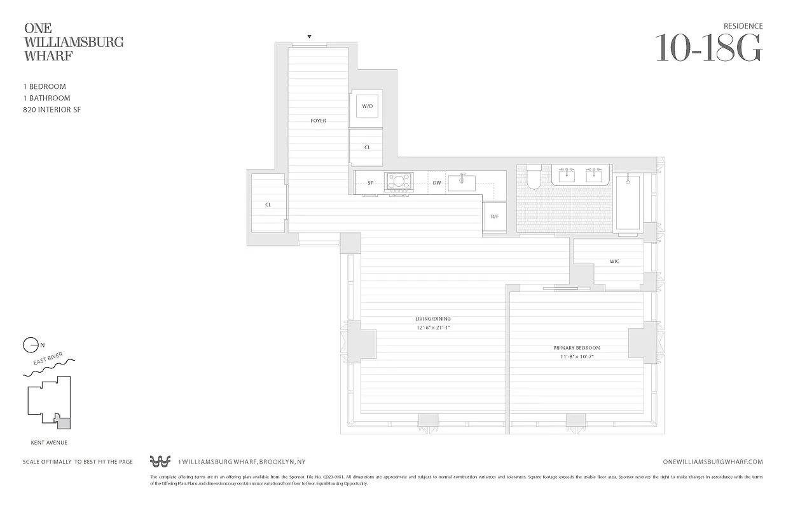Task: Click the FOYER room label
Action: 318,121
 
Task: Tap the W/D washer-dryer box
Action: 367,106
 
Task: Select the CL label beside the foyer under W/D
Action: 367,147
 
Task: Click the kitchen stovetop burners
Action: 399,182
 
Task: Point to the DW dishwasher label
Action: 437,183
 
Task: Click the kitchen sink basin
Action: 461,183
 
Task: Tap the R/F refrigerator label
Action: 494,217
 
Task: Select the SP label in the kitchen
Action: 370,183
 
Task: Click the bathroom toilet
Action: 533,177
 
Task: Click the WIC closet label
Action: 614,261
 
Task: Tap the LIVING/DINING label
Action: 433,319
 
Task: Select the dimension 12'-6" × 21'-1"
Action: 433,328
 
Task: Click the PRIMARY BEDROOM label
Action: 577,348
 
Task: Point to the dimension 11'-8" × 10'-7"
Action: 577,357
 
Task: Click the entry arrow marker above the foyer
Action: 309,37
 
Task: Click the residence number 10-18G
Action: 708,48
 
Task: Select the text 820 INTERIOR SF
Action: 52,110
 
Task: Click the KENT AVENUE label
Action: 49,443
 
